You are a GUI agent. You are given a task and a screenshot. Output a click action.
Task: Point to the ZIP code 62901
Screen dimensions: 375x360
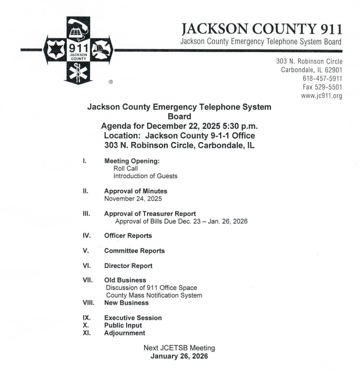(332, 70)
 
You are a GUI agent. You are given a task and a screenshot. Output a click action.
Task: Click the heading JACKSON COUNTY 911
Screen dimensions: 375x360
(261, 30)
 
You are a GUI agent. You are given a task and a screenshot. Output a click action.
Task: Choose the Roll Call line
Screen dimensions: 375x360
(125, 168)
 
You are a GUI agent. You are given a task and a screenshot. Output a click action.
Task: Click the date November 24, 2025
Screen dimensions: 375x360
(133, 199)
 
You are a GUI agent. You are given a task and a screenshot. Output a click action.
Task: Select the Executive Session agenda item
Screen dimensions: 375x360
(133, 318)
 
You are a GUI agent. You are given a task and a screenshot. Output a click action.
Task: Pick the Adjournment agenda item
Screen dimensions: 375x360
(124, 333)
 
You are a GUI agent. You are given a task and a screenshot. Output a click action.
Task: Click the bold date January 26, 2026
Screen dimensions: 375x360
(179, 356)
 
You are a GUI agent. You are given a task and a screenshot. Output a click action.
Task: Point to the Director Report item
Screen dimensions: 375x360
(128, 266)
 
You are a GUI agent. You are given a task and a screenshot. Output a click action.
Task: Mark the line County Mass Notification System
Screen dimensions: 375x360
(154, 295)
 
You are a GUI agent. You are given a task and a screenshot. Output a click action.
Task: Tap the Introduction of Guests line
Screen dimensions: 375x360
(145, 176)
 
